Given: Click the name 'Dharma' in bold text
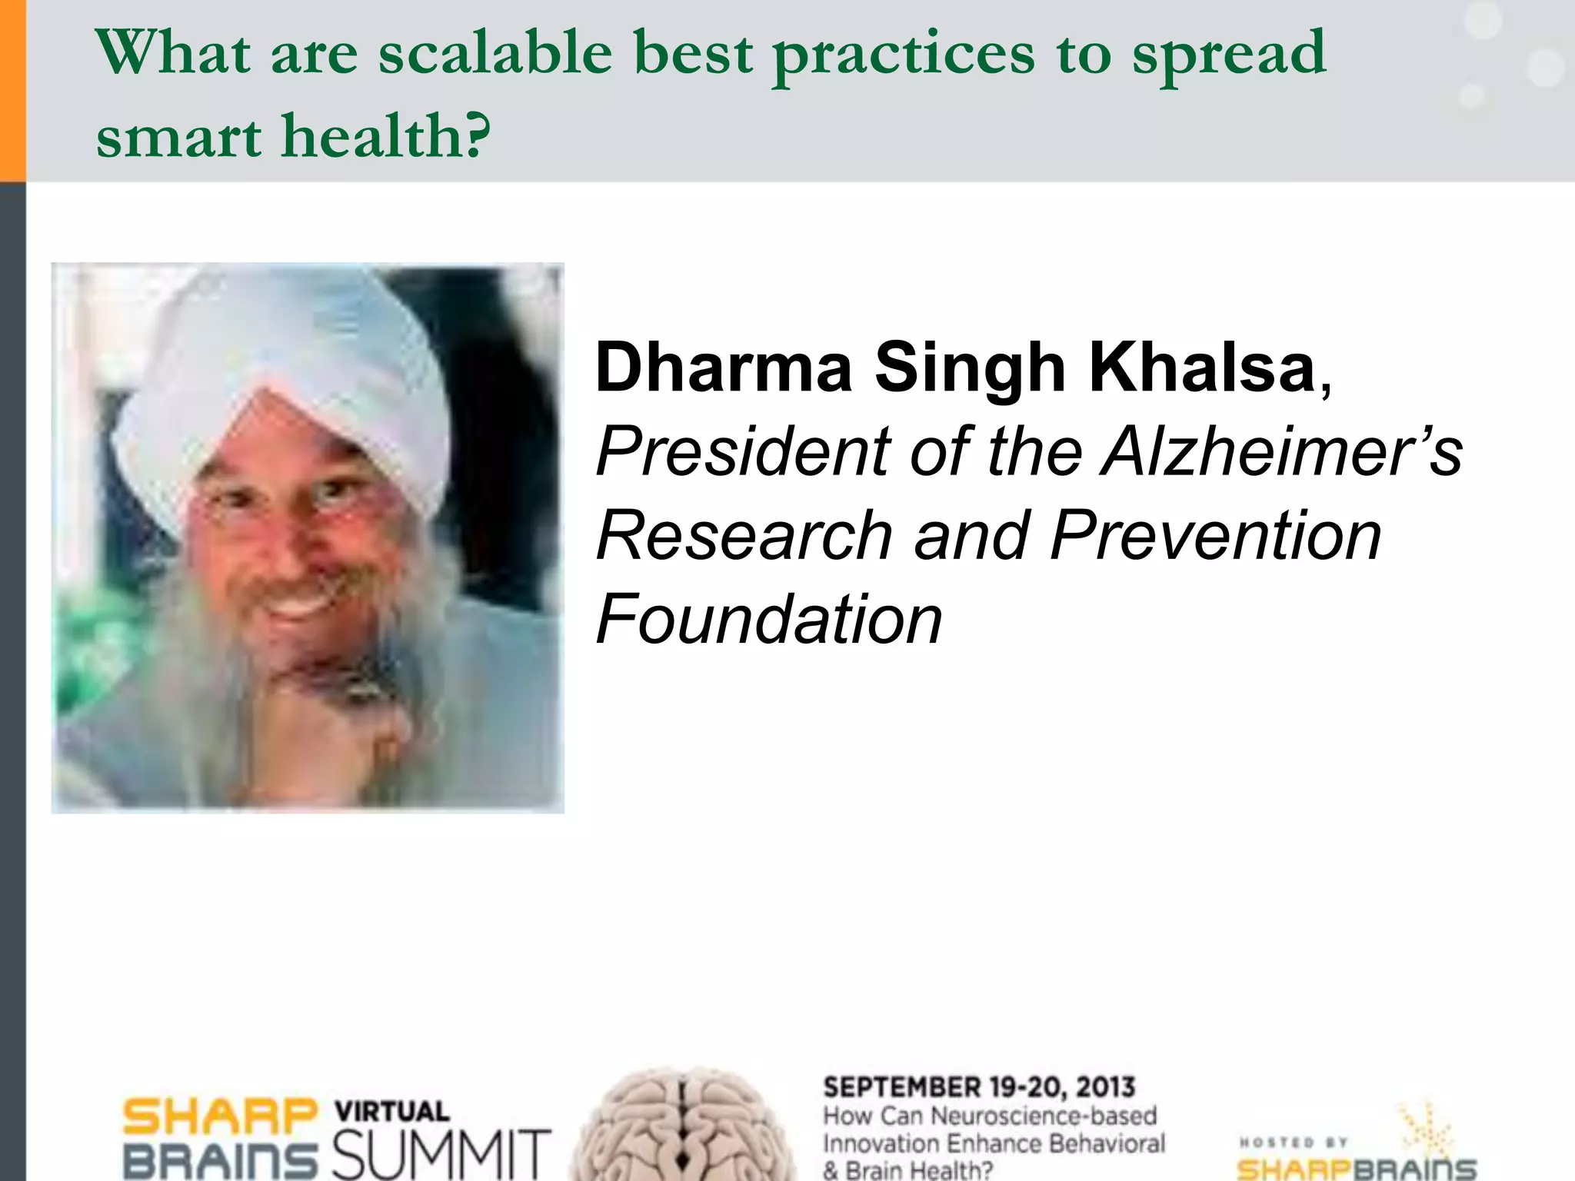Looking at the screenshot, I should [724, 367].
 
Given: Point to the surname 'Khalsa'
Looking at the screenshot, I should [1203, 367].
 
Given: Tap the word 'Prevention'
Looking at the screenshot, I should [1216, 535].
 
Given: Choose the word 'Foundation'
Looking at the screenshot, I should [769, 619].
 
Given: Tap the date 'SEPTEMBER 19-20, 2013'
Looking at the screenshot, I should [979, 1087].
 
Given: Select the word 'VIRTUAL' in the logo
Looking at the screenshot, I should [392, 1111].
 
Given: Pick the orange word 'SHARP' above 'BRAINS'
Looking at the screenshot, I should [220, 1116].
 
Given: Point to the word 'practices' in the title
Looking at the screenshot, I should [904, 55].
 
